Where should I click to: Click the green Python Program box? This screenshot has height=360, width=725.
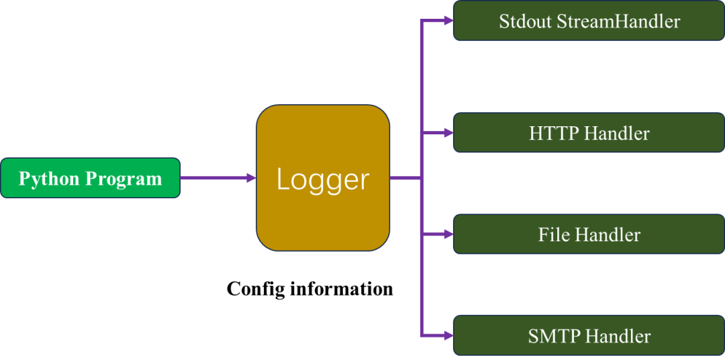pyautogui.click(x=90, y=178)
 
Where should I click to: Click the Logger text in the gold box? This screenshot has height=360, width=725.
pyautogui.click(x=323, y=179)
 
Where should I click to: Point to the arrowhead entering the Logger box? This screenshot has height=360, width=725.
pyautogui.click(x=252, y=178)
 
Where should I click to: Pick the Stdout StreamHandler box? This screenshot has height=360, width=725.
pyautogui.click(x=589, y=21)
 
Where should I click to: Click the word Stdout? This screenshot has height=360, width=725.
pyautogui.click(x=526, y=21)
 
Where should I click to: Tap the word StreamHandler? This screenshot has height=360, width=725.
pyautogui.click(x=618, y=21)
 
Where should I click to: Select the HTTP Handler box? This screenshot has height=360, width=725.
pyautogui.click(x=589, y=133)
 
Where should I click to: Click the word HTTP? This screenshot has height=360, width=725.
pyautogui.click(x=554, y=134)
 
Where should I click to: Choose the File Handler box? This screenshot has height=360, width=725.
pyautogui.click(x=589, y=234)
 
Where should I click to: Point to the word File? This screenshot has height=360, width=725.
pyautogui.click(x=554, y=235)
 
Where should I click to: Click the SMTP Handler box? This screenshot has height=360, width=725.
pyautogui.click(x=589, y=335)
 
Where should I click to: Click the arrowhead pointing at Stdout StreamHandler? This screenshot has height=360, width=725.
pyautogui.click(x=448, y=21)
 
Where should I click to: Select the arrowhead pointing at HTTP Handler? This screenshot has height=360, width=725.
pyautogui.click(x=448, y=133)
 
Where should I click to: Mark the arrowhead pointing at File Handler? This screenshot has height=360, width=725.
pyautogui.click(x=448, y=234)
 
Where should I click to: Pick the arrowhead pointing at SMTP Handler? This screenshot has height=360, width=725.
pyautogui.click(x=448, y=334)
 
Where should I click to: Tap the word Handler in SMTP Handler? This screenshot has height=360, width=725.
pyautogui.click(x=618, y=336)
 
